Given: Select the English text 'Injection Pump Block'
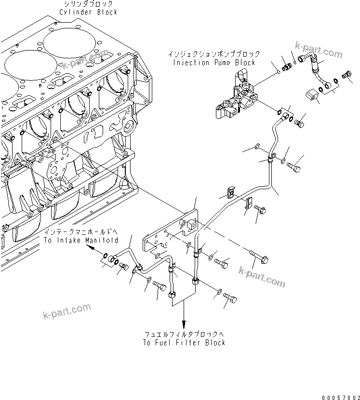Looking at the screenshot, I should click(x=214, y=63).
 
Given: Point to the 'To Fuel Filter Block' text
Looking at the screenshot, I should click(x=184, y=343).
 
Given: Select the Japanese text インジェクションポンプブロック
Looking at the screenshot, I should click(x=214, y=54).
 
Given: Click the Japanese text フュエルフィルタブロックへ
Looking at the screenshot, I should click(x=184, y=334).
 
